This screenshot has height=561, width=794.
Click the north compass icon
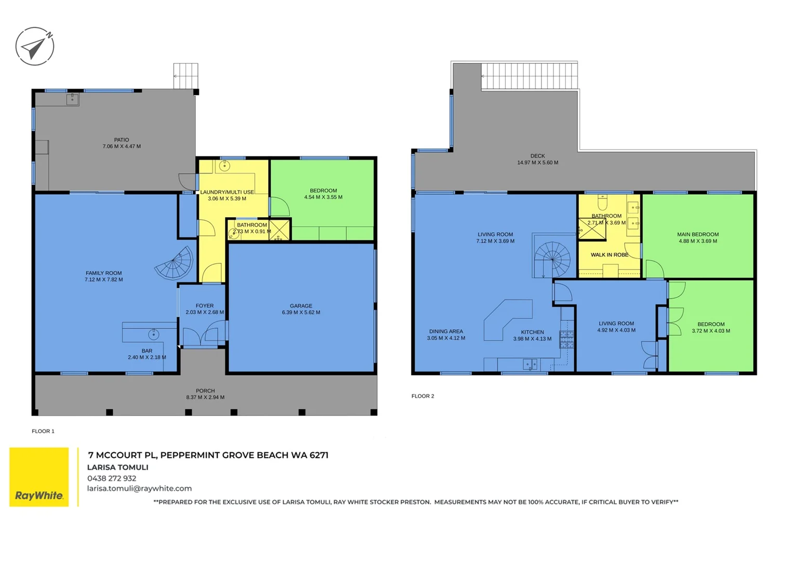coord(35,46)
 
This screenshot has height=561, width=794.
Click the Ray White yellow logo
coord(39,477)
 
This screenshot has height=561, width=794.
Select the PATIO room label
coord(122,140)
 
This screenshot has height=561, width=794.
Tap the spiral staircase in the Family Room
coord(175,263)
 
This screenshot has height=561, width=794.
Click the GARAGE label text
coord(301,306)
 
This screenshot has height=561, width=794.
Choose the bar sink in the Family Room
coord(153,333)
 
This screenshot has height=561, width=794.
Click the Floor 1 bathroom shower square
coord(279,230)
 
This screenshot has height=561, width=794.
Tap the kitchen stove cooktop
coord(566,339)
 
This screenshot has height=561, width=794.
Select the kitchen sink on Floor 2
coord(530,365)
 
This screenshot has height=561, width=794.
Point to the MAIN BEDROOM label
coord(697,234)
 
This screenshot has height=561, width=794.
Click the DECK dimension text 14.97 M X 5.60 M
coord(537,163)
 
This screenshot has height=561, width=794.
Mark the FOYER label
coord(205,306)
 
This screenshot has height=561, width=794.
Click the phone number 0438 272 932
coord(112,478)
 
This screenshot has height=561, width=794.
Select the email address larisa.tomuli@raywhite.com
coord(139,488)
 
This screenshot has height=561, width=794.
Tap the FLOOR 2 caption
coord(422,396)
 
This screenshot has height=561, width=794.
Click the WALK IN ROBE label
coord(609,255)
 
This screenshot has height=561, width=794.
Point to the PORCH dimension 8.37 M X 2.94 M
coord(205,397)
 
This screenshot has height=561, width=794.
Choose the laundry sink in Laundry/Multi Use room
coord(224,166)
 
